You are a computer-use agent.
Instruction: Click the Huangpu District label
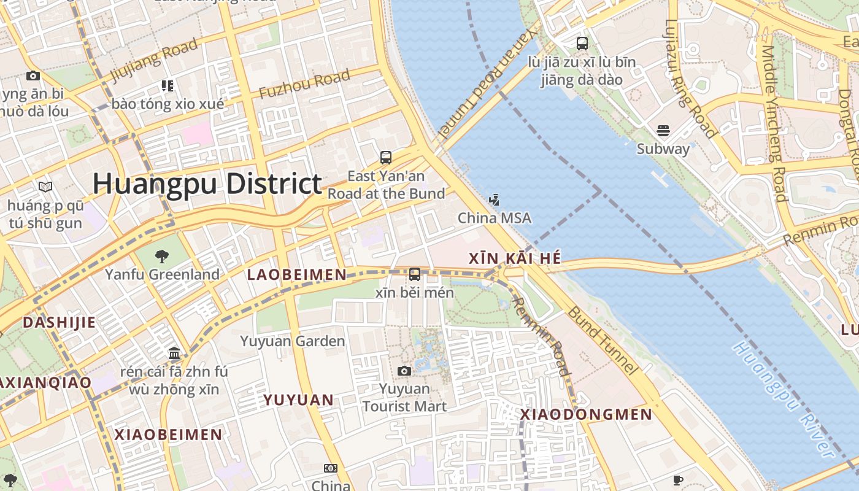[207, 184]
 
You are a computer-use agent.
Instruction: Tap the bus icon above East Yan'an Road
[385, 158]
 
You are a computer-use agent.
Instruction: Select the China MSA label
[495, 218]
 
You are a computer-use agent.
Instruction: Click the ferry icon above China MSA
[494, 200]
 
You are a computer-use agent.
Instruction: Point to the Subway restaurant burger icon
[663, 131]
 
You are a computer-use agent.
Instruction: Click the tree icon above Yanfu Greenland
[162, 256]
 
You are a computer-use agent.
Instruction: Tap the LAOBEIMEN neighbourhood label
[297, 275]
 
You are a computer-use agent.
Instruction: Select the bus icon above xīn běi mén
[415, 274]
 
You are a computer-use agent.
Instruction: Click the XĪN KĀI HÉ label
[515, 258]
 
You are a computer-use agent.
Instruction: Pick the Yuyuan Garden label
[293, 341]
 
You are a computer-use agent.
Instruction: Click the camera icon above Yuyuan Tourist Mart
[404, 371]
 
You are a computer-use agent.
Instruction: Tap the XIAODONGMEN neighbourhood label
[586, 415]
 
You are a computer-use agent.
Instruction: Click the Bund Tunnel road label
[603, 340]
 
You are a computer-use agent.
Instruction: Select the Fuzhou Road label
[304, 85]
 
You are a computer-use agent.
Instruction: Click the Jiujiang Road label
[154, 60]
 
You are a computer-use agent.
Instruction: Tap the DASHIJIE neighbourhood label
[59, 322]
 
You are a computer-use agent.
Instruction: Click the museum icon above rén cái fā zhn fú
[174, 354]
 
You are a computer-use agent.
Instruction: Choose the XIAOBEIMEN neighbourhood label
[169, 435]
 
